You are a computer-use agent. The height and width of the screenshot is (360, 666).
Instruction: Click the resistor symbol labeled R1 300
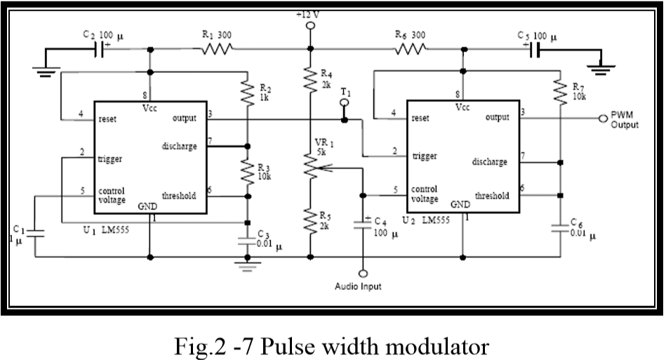click(x=217, y=50)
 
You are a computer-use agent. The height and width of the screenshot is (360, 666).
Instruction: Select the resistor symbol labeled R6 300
click(x=411, y=50)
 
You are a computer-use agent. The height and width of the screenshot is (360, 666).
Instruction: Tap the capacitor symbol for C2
click(x=102, y=50)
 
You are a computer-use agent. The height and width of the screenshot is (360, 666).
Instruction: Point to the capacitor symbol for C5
click(x=533, y=50)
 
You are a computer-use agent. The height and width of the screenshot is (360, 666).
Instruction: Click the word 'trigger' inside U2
click(x=425, y=156)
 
